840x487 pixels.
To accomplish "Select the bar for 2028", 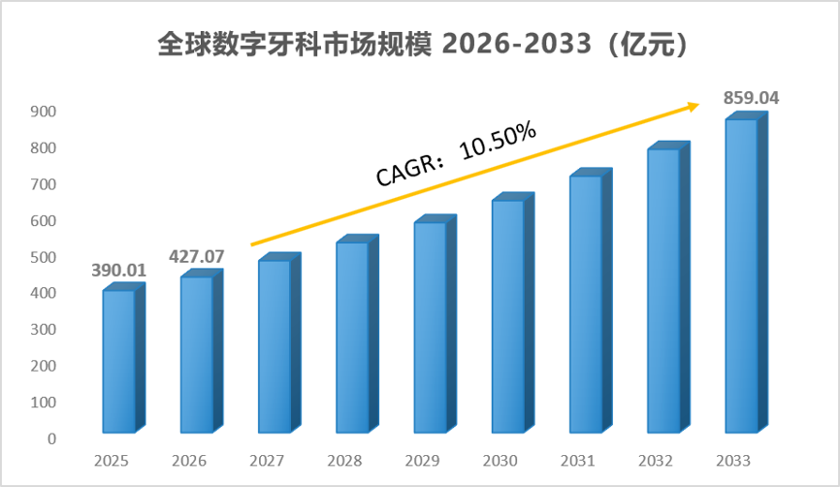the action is [357, 334].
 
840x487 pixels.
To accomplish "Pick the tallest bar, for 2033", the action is [747, 273].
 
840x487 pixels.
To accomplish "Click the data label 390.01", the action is [119, 270].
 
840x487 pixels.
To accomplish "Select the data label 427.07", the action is [197, 257].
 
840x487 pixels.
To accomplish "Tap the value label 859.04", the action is [751, 98].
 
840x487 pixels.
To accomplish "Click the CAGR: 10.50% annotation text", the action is [456, 153].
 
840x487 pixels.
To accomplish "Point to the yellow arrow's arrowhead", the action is [694, 107].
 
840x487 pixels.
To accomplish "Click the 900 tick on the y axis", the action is [44, 112].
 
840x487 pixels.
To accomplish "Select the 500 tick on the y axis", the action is [44, 257].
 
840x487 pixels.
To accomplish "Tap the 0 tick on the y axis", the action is [51, 438].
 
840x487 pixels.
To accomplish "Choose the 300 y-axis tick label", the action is [44, 330].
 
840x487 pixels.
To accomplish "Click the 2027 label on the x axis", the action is [267, 461].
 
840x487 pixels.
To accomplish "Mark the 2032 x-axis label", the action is [656, 461].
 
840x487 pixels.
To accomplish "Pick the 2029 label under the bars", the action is [422, 461].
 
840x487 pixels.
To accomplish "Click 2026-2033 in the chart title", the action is [517, 44].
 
